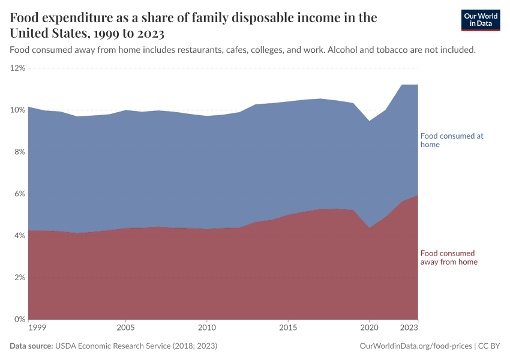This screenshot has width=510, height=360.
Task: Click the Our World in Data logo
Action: pyautogui.click(x=480, y=20)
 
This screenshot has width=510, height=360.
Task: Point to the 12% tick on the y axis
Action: pyautogui.click(x=17, y=68)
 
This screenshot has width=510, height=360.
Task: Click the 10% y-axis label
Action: pyautogui.click(x=17, y=110)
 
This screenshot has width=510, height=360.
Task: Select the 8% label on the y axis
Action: pyautogui.click(x=19, y=152)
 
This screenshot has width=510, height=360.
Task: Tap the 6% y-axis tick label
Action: pyautogui.click(x=19, y=194)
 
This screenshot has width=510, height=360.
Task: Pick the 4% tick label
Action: pyautogui.click(x=19, y=236)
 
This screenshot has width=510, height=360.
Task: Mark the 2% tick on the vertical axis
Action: pyautogui.click(x=19, y=278)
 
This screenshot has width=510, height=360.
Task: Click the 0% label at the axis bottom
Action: pyautogui.click(x=19, y=319)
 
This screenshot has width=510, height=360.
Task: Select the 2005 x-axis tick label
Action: pyautogui.click(x=125, y=328)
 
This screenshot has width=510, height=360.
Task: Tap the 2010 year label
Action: pyautogui.click(x=207, y=328)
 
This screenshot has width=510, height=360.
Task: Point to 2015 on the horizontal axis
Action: pyautogui.click(x=288, y=328)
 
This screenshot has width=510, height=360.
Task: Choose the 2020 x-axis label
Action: pyautogui.click(x=369, y=328)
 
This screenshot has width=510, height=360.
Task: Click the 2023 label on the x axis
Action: pyautogui.click(x=409, y=328)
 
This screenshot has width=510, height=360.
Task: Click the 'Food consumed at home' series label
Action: pyautogui.click(x=451, y=140)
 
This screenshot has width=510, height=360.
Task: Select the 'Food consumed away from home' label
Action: pyautogui.click(x=449, y=257)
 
